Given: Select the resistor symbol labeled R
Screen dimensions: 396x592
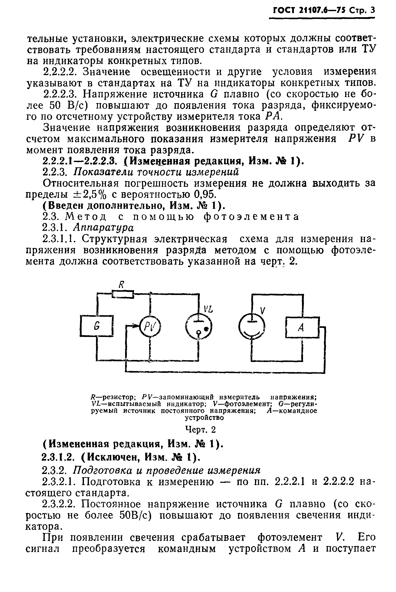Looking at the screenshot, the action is [123, 294].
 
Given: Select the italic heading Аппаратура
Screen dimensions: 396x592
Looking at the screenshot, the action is [103, 227].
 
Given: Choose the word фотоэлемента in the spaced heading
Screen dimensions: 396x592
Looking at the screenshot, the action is [251, 217].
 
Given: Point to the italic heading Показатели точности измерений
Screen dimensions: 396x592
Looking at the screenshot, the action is [156, 172].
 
